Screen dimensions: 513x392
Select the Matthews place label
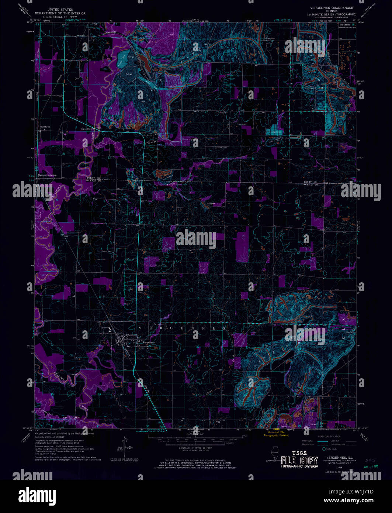[45, 126]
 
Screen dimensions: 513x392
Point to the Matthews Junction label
[47, 175]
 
